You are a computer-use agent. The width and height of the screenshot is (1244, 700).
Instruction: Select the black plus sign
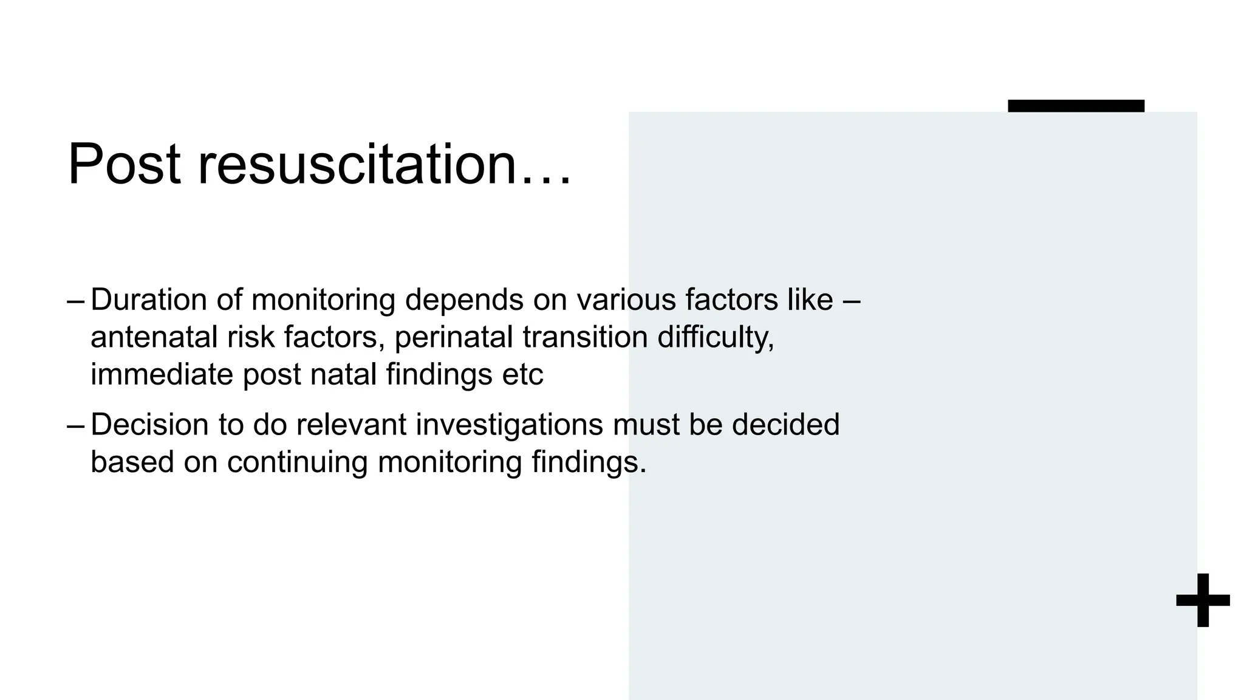1203,600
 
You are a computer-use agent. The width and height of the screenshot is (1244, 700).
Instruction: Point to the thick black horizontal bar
1076,106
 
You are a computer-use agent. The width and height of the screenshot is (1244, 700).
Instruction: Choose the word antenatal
154,337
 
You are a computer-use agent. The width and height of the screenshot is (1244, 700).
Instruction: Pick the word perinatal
454,337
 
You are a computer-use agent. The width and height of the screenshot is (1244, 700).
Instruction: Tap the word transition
585,337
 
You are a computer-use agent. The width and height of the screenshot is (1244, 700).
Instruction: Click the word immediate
162,374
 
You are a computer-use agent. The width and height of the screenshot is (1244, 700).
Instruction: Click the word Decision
149,424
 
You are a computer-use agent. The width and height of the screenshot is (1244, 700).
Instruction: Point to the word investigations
510,425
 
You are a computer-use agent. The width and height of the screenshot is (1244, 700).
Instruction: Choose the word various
626,300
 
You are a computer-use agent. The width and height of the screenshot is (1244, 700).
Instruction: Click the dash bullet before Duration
76,300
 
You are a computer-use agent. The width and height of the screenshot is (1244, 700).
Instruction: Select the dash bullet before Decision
76,425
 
